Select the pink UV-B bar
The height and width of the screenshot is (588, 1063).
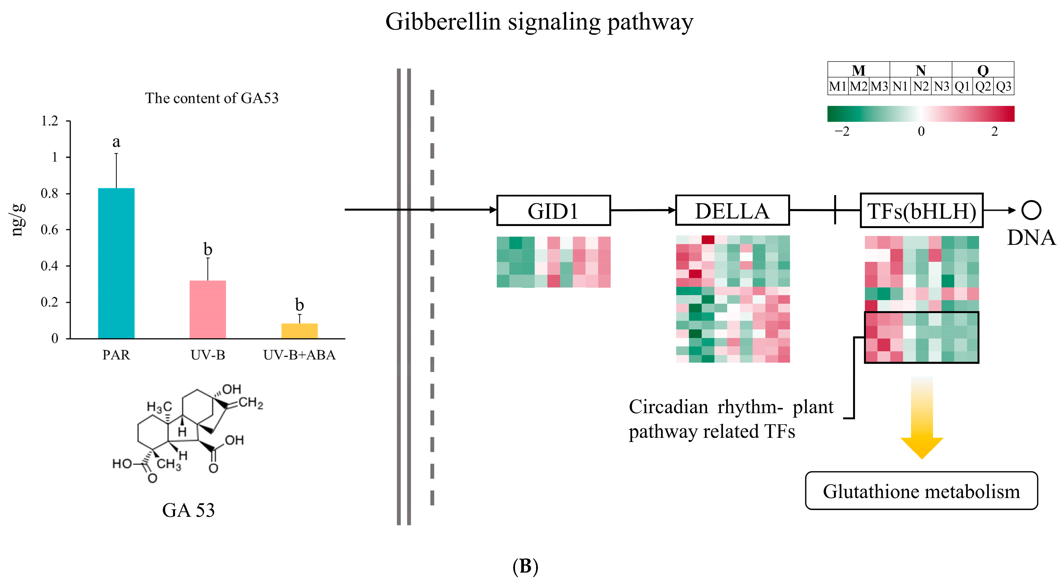[x=207, y=309]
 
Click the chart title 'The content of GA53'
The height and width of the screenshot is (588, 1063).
[x=212, y=98]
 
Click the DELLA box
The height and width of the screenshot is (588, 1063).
[x=732, y=211]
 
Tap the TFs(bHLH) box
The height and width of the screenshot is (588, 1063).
[x=922, y=211]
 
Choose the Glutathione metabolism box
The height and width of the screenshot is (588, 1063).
[x=921, y=491]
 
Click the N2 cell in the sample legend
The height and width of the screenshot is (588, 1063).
[x=921, y=87]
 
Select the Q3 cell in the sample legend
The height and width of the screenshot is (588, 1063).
[x=1003, y=87]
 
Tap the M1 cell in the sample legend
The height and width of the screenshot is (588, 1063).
[x=838, y=87]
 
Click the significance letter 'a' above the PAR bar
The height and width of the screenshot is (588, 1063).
[x=116, y=142]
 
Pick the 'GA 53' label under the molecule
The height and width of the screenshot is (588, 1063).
[x=188, y=510]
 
